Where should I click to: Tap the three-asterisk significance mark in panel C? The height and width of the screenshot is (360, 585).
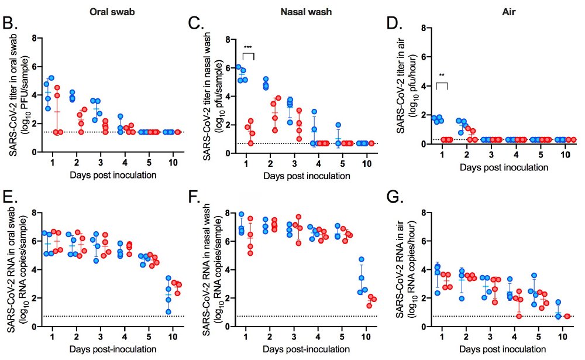point(249,46)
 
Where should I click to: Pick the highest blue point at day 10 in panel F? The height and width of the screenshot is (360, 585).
point(362,259)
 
